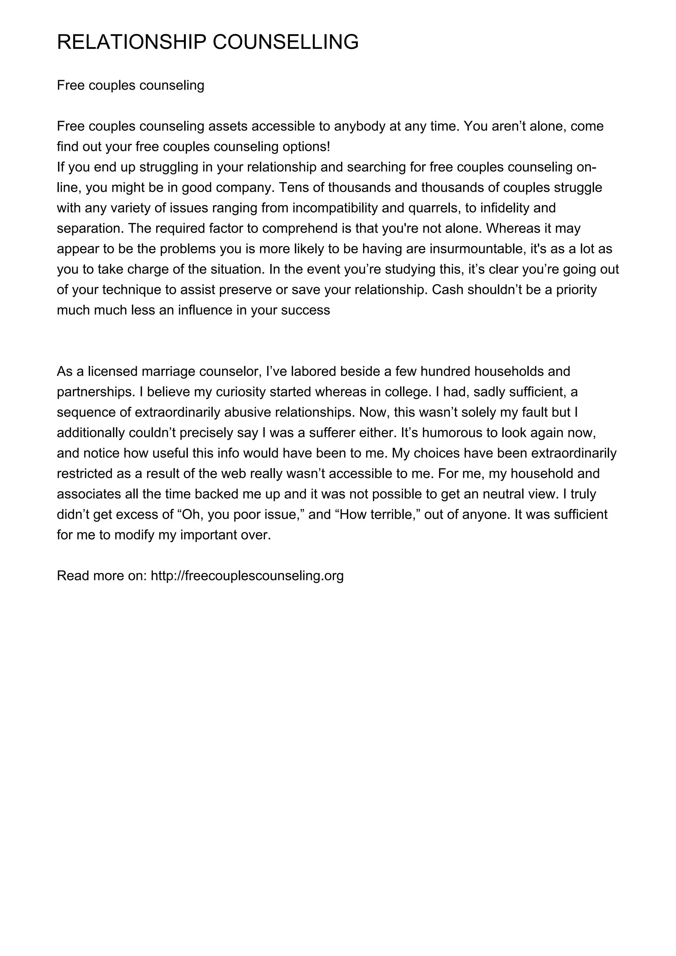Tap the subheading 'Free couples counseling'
[x=130, y=85]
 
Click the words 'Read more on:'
[x=102, y=576]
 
